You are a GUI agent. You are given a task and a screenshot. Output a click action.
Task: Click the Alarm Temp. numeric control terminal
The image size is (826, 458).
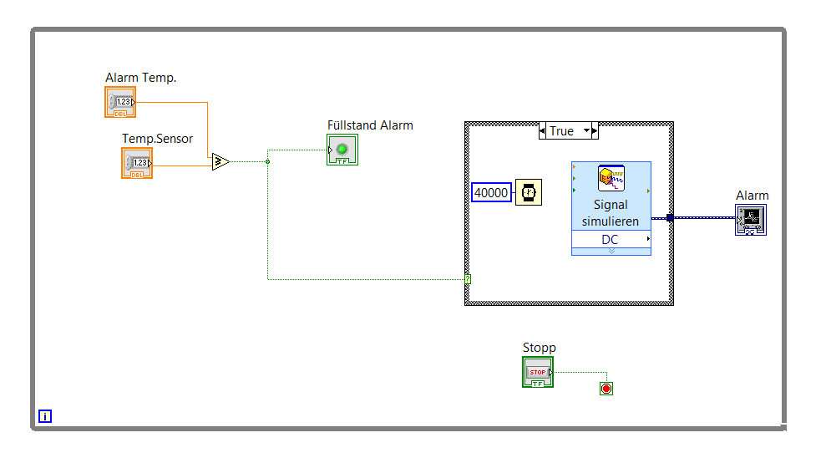coord(120,102)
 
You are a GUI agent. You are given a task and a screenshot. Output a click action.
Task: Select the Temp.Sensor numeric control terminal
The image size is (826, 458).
coord(137,162)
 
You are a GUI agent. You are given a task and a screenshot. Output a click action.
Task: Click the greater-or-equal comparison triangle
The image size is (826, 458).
coord(220,161)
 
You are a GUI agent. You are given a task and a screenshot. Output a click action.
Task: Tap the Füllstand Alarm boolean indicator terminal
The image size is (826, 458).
coord(342,150)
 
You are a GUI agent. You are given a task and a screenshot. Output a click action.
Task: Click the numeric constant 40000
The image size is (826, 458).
coord(491,192)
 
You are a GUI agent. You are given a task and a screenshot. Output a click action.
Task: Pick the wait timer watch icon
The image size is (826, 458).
coord(528,192)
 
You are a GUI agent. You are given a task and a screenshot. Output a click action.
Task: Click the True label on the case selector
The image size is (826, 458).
coord(561,131)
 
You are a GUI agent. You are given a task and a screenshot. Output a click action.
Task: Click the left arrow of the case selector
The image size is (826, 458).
coord(543,131)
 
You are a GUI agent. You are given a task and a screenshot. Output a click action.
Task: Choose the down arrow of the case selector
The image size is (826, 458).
coord(586,131)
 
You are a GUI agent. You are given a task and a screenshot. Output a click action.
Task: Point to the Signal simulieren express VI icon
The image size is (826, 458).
coord(611,179)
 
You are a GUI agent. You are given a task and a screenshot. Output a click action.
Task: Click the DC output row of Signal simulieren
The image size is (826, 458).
coord(611,240)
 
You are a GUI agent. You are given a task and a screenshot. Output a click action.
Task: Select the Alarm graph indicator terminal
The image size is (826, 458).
coord(751,221)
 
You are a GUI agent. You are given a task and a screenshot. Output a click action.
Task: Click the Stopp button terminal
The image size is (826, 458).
coord(538,372)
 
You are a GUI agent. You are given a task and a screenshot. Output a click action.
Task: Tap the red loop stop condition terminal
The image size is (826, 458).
coord(606,389)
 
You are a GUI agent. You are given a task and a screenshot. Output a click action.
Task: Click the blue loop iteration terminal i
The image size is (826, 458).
coord(45,415)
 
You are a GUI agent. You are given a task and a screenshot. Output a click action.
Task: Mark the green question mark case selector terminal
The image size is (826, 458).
coord(467,279)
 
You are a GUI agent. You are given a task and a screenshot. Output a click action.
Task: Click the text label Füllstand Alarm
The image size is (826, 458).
coord(370,125)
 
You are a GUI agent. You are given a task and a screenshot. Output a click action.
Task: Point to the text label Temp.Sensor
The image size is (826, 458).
coord(157,139)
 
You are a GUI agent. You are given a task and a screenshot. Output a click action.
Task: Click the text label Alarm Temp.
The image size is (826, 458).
coord(141,78)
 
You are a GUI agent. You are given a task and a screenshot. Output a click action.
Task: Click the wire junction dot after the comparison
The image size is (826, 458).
coord(267,161)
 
